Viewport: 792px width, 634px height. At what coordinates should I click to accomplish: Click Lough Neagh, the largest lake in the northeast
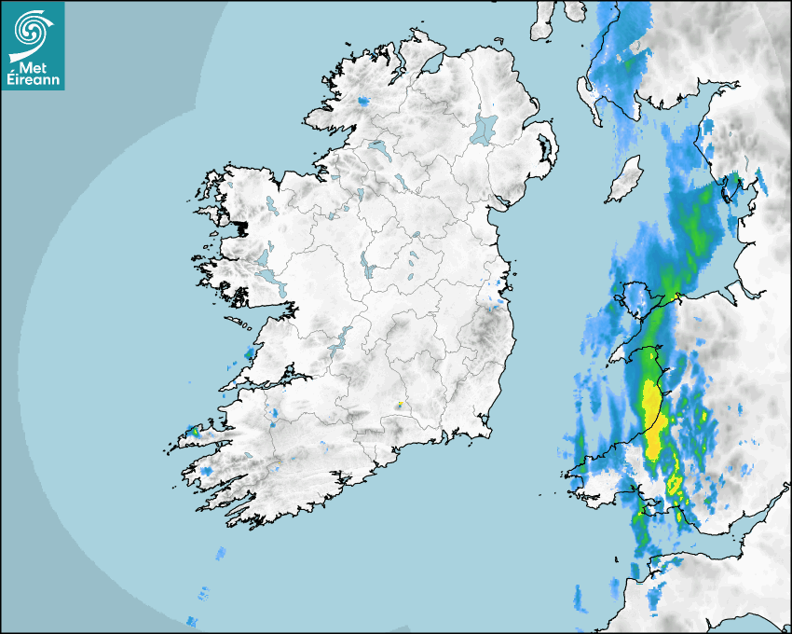click(x=485, y=128)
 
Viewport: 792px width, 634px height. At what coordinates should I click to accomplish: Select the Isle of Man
click(x=623, y=180)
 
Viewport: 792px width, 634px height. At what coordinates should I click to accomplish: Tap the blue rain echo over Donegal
click(x=362, y=100)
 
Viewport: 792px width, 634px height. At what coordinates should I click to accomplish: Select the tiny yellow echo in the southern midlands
click(x=399, y=405)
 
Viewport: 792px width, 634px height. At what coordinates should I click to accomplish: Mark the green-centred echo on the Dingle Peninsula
click(x=195, y=432)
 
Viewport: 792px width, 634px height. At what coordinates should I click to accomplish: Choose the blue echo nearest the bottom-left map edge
click(x=193, y=621)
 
